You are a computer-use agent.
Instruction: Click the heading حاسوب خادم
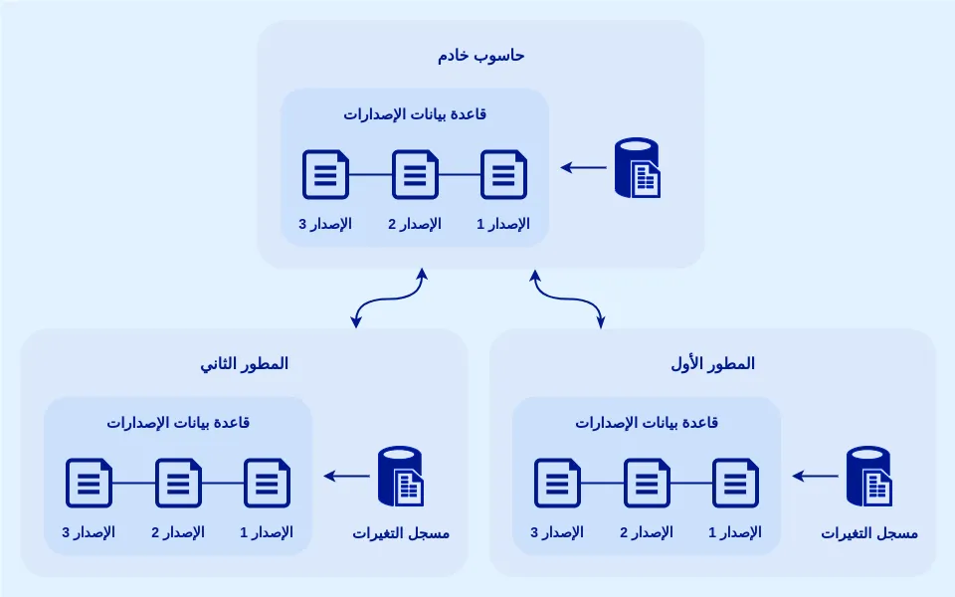point(480,56)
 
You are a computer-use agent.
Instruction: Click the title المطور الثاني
point(244,364)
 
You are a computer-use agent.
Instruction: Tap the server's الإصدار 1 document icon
point(504,174)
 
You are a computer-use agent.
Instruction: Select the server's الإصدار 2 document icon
point(415,174)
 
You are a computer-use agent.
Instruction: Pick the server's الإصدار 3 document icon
point(325,174)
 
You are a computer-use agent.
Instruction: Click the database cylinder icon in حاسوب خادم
point(637,167)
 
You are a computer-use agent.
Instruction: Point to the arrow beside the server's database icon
point(584,167)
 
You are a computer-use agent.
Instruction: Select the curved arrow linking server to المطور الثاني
point(389,297)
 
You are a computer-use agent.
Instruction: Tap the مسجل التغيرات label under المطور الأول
point(869,533)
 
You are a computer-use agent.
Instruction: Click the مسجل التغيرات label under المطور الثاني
point(401,533)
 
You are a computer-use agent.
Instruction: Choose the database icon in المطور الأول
point(868,477)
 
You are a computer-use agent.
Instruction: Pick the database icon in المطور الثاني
point(400,477)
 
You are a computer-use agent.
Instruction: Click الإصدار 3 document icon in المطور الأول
point(557,483)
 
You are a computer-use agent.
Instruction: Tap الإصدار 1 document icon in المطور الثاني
point(267,483)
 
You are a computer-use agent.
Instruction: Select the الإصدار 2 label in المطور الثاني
point(178,532)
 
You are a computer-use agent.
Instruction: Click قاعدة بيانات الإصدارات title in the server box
point(415,114)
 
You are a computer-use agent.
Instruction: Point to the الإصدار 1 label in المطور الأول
point(735,532)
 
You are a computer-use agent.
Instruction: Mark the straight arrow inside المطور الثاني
point(347,477)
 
